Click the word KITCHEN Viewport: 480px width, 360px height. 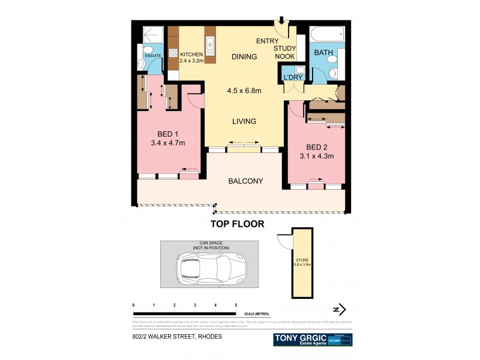click(193, 54)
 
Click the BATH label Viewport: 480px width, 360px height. click(324, 53)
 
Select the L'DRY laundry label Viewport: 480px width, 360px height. click(293, 79)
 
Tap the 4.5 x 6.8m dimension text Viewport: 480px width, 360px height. click(244, 91)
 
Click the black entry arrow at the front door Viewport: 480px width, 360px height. click(282, 22)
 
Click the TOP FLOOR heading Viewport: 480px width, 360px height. click(237, 224)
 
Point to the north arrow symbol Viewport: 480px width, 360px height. click(340, 310)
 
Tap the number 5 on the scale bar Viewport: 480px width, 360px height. click(236, 305)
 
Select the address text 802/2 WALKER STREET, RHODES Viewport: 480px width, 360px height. click(177, 337)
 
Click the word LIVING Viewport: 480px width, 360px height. click(244, 121)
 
